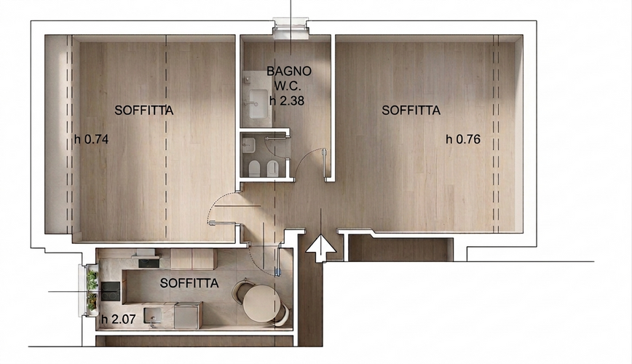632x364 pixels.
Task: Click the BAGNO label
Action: [289, 71]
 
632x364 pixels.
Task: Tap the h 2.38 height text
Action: [287, 100]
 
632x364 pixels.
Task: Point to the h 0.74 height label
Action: [92, 140]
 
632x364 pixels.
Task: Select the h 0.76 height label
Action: [463, 140]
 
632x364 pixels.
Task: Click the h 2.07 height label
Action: [118, 320]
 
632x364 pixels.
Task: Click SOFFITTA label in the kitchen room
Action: [189, 283]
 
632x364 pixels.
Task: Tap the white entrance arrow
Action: [321, 248]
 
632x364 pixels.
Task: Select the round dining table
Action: [261, 303]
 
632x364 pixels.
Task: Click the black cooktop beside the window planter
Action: [110, 291]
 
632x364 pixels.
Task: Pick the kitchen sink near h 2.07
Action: [153, 316]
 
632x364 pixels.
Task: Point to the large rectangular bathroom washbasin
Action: [258, 103]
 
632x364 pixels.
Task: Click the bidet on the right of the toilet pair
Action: [273, 167]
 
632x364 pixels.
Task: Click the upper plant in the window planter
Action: [93, 279]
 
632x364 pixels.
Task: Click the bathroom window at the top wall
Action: [291, 28]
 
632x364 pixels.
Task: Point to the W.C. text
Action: [288, 86]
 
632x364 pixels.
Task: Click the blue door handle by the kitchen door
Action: [277, 272]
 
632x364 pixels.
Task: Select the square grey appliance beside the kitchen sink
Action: [186, 316]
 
